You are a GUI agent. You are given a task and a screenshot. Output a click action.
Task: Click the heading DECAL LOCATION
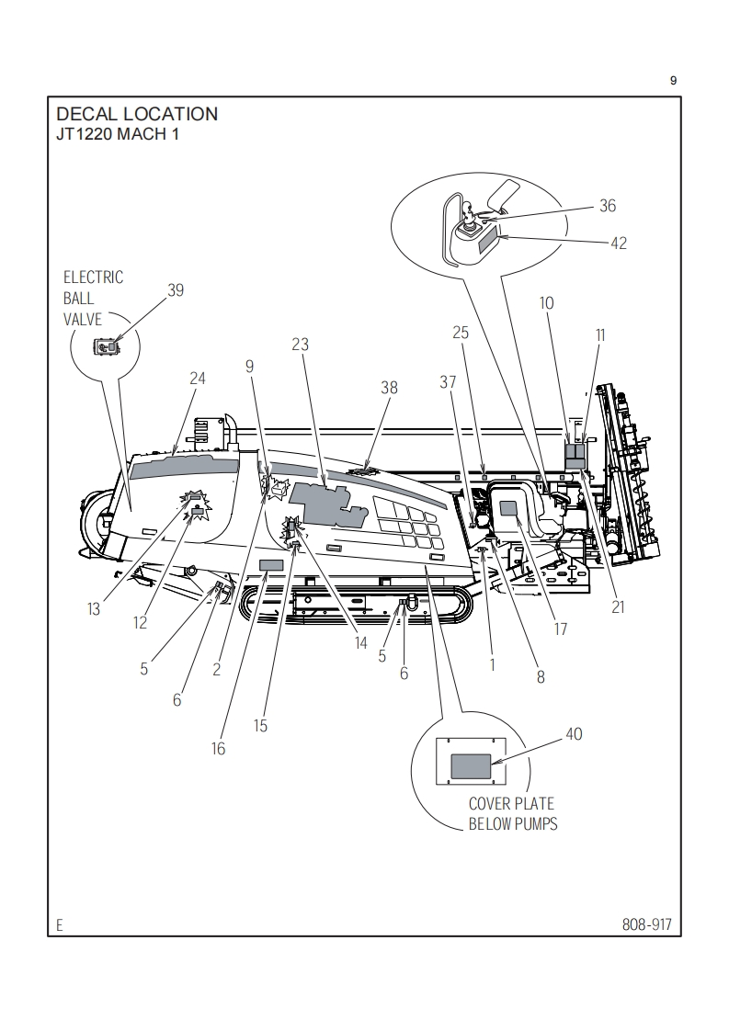pos(137,114)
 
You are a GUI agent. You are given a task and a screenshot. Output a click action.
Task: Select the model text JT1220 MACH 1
pos(118,134)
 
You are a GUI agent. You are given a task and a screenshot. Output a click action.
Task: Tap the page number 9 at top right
pos(673,81)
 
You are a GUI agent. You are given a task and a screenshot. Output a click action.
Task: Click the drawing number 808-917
pos(647,924)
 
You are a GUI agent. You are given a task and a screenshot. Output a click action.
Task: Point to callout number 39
pos(176,290)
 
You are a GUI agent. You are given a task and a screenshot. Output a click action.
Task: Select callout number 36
pos(608,206)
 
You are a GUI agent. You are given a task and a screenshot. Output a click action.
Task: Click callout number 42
pos(619,244)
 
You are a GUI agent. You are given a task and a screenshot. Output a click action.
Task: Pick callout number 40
pos(574,734)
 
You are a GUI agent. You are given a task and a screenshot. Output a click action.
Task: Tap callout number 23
pos(300,344)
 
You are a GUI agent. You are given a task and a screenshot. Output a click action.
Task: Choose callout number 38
pos(390,388)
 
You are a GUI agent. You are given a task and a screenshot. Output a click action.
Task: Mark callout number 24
pos(198,378)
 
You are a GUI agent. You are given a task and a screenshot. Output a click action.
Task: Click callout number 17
pos(561,629)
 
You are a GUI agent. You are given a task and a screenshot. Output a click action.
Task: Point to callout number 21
pos(618,606)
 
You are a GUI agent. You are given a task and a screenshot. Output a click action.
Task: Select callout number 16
pos(219,749)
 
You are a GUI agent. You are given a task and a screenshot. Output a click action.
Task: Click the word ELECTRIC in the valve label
pos(93,278)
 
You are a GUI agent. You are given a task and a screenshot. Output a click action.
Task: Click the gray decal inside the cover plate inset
pos(471,766)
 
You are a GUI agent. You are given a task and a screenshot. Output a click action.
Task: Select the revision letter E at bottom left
pos(59,926)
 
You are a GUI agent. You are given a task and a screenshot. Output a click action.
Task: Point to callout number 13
pos(94,609)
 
